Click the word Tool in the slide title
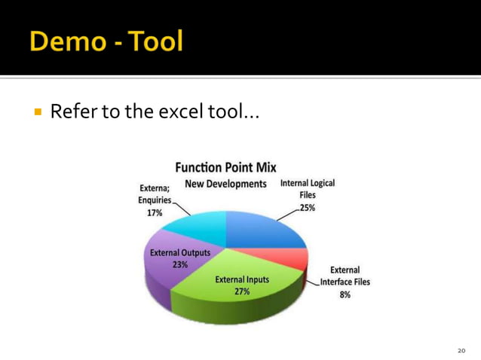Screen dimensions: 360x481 click(153, 41)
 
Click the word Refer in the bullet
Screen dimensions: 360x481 click(72, 113)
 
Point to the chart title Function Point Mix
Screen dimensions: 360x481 click(225, 166)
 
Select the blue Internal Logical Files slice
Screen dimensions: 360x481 click(264, 230)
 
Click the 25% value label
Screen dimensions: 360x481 click(308, 208)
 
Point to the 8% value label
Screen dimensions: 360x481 click(345, 295)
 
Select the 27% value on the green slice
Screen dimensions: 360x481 click(242, 291)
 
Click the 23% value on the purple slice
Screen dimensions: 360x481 click(180, 264)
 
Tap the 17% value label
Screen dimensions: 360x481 click(155, 213)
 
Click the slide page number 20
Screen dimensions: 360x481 click(462, 350)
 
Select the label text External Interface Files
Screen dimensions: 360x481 click(345, 276)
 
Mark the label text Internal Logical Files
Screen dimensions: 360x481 click(308, 188)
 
